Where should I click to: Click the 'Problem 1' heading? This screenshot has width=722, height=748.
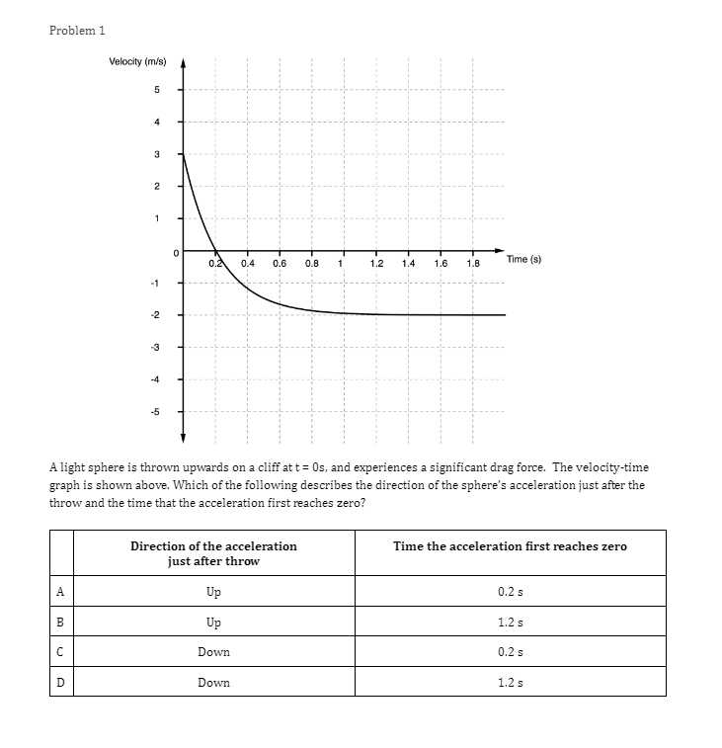77,30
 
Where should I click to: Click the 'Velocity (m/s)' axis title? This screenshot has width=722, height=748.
138,62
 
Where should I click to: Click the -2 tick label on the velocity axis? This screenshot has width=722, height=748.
154,315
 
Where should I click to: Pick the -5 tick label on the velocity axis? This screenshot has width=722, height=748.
154,412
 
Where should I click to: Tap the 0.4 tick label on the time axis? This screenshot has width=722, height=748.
248,264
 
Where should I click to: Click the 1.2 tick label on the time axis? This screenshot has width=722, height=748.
376,264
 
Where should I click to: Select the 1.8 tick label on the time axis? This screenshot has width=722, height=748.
472,264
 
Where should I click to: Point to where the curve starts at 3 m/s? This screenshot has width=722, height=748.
184,154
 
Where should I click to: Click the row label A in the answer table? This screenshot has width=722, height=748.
60,592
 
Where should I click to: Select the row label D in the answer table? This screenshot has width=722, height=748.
60,682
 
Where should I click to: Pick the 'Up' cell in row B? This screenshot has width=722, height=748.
213,623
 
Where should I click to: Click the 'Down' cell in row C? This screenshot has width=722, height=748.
213,652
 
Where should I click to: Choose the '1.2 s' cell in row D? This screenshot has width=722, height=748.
510,682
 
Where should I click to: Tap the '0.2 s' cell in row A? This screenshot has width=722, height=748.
510,592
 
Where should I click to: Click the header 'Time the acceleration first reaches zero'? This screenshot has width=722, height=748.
510,546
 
